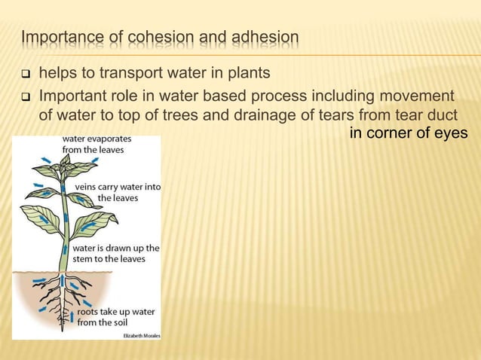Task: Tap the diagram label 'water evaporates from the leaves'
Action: click(x=93, y=144)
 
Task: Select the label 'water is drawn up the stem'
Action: click(x=115, y=253)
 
